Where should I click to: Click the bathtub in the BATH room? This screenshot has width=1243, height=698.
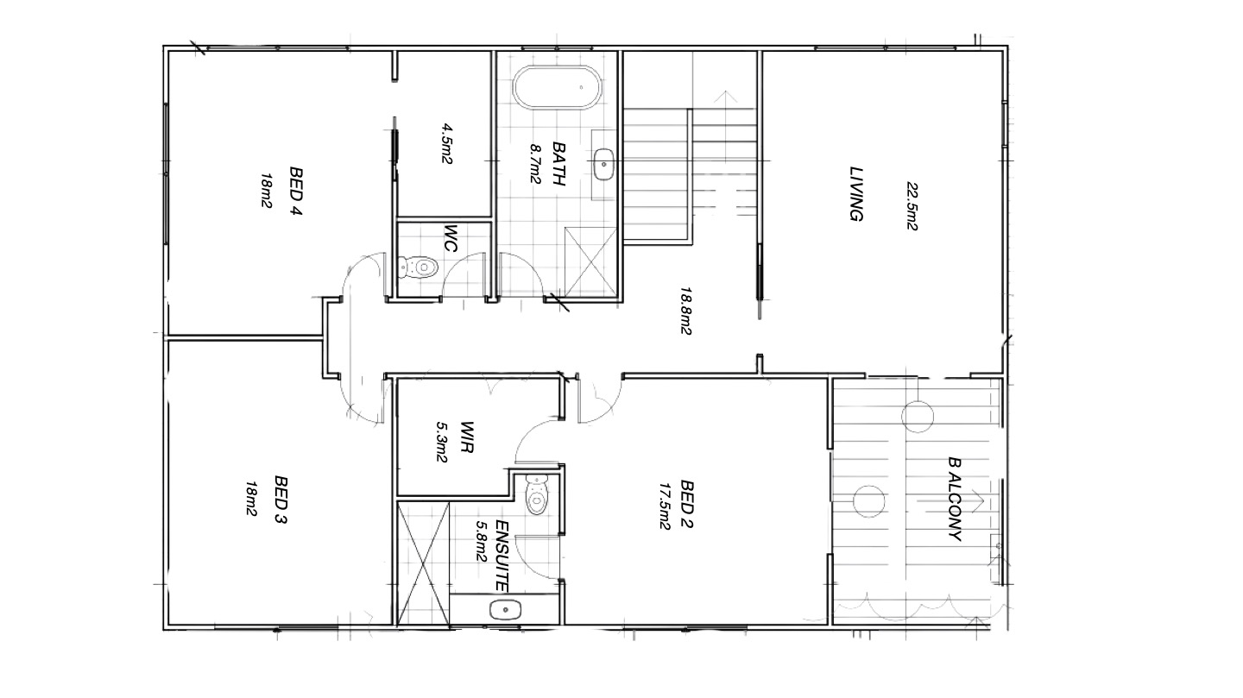point(557,88)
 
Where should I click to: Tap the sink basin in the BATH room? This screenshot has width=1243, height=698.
point(603,164)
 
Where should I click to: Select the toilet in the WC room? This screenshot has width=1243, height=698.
point(418,267)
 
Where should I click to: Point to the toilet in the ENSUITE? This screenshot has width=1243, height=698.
point(536,494)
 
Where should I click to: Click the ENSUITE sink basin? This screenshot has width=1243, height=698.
point(506,610)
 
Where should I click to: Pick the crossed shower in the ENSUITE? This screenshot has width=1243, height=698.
point(423,563)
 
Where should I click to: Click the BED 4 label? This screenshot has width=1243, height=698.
point(296,191)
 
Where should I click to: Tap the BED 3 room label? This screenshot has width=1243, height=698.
point(281,500)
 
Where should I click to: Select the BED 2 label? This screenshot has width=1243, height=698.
point(686,504)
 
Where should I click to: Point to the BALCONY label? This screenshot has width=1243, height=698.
point(955,499)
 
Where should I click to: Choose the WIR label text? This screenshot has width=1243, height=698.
point(467,437)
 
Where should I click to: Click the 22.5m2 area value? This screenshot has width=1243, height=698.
point(912,206)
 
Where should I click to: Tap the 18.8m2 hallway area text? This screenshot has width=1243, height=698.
point(686,311)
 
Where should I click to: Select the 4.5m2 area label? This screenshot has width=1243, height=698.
point(447,144)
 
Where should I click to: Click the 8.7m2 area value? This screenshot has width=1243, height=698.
point(535,164)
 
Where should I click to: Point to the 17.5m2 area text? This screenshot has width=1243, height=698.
point(665,506)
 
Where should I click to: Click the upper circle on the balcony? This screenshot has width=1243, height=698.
point(918,416)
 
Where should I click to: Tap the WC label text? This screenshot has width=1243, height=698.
point(450,239)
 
